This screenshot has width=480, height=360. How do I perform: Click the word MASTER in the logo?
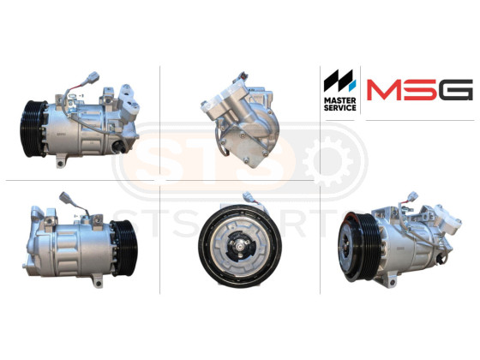click(x=339, y=100)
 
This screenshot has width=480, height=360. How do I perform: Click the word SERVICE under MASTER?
click(x=339, y=108)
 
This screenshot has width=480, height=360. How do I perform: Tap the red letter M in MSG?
click(x=384, y=90)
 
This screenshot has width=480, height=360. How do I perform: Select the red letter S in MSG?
click(x=420, y=90)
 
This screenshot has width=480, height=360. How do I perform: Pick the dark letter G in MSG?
click(x=455, y=90)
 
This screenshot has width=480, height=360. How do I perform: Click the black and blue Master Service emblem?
click(x=339, y=81)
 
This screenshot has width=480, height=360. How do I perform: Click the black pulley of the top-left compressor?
click(x=33, y=129)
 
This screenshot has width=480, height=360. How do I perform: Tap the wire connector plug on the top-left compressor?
click(x=93, y=77)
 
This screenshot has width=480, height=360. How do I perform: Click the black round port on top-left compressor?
click(x=118, y=147)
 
